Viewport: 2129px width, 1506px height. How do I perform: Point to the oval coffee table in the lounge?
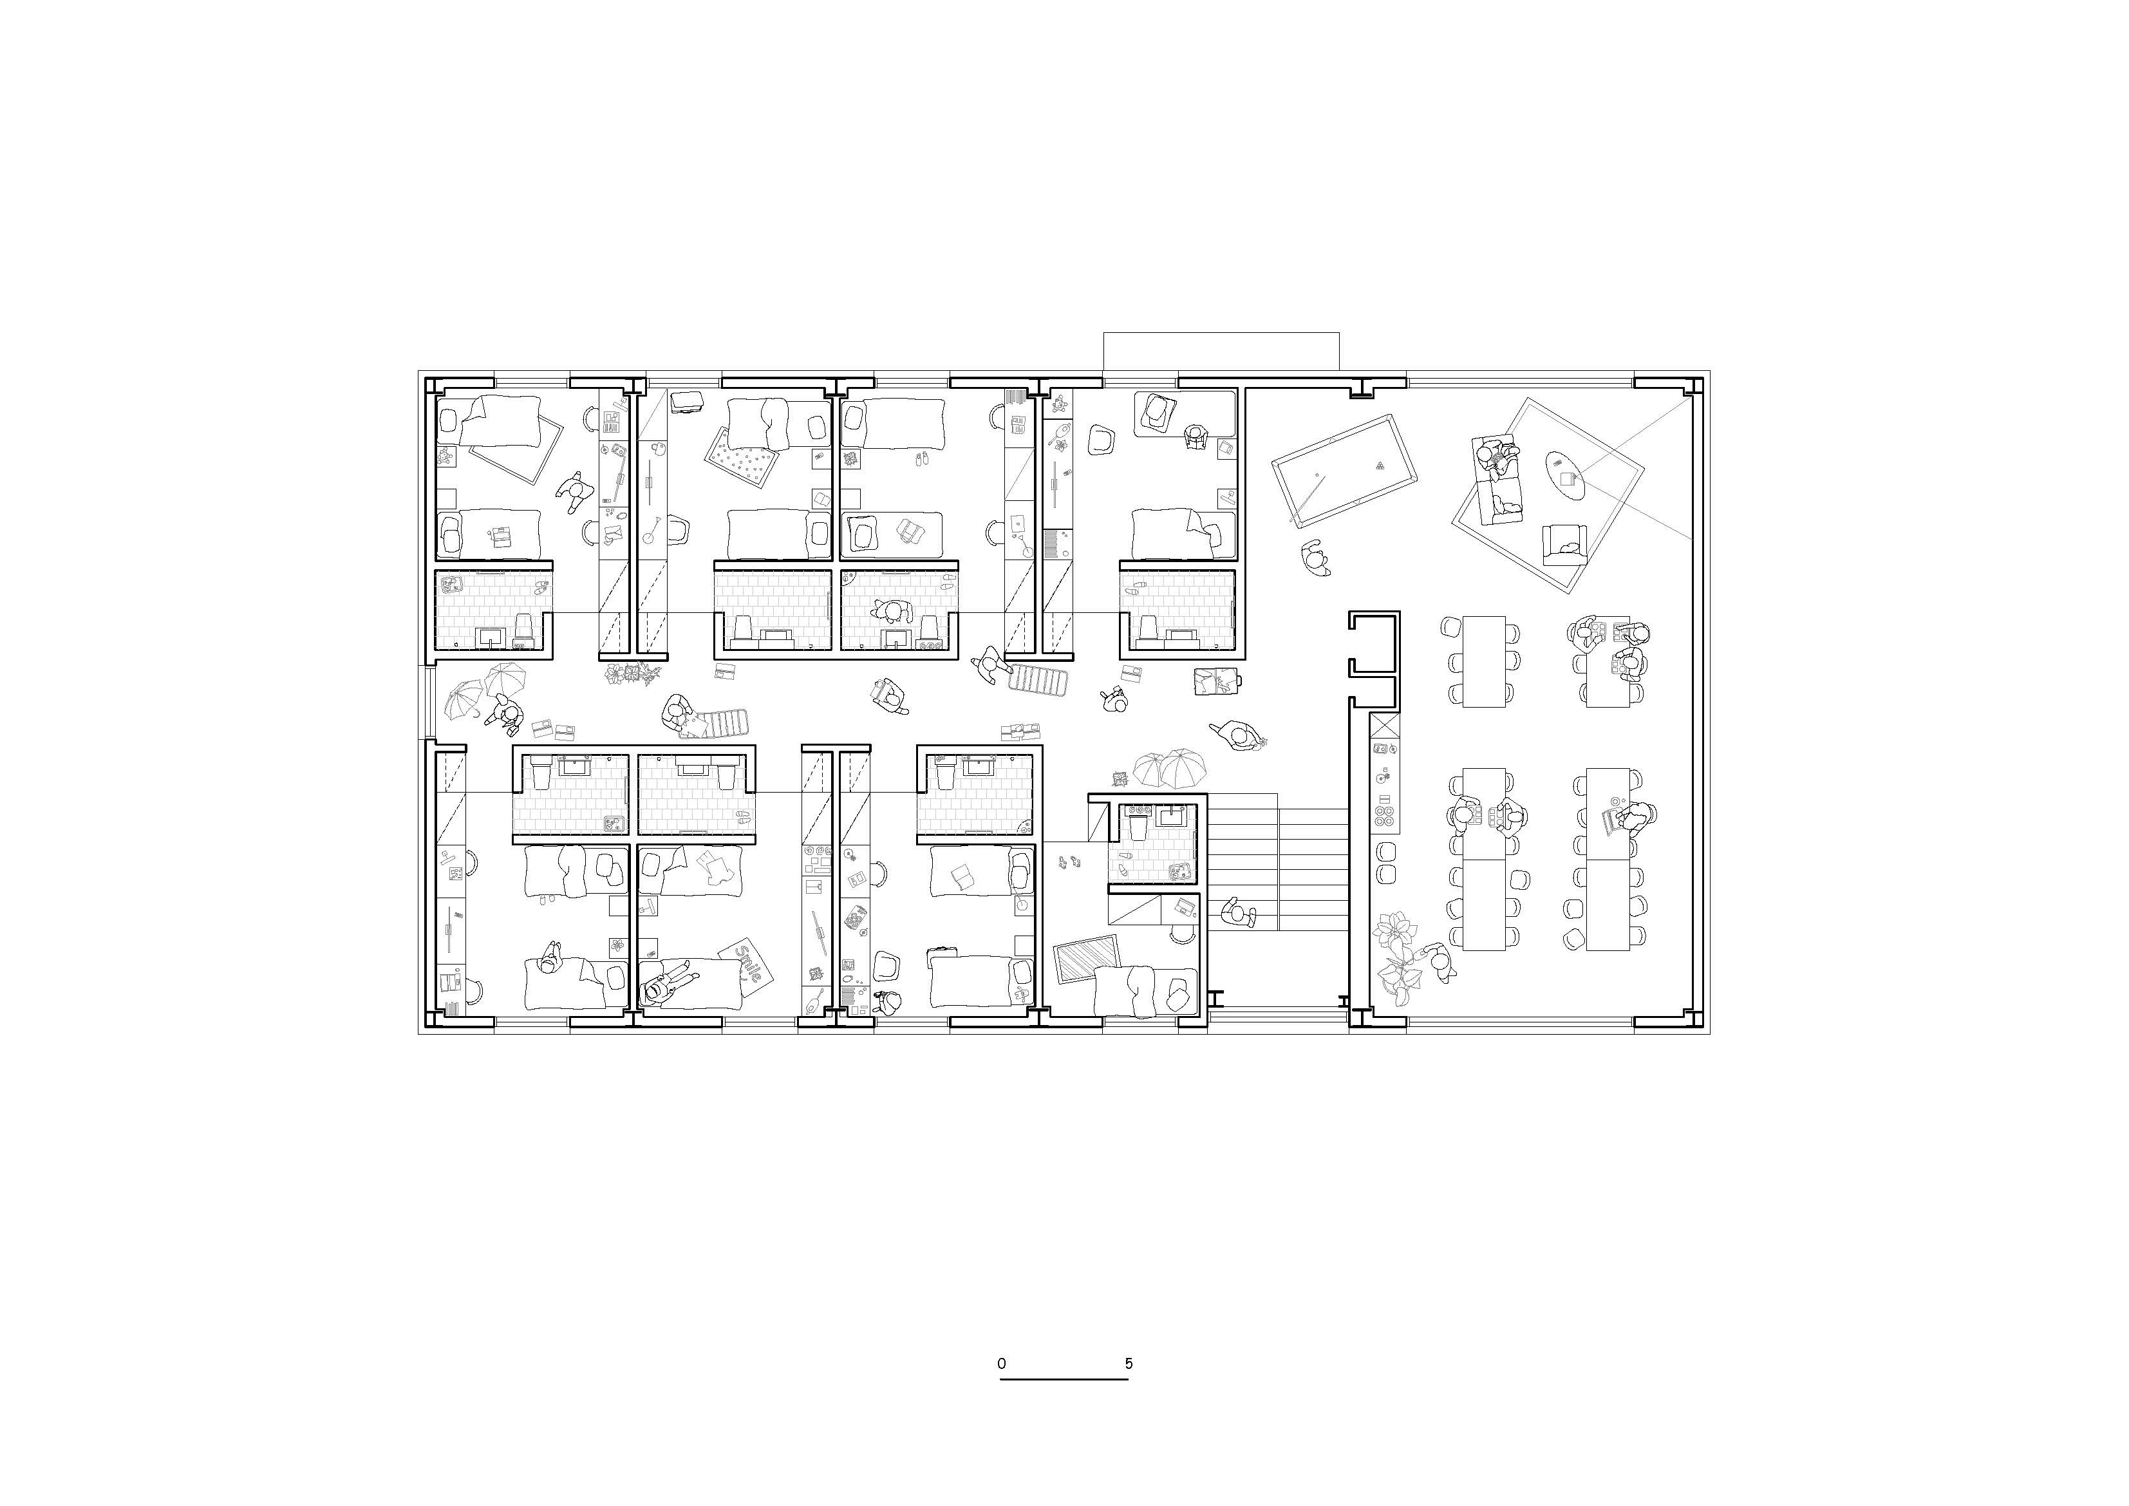tap(1564, 476)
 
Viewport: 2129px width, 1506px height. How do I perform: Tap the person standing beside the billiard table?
tap(1314, 558)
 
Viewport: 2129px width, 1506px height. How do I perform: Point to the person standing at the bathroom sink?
tap(892, 613)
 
